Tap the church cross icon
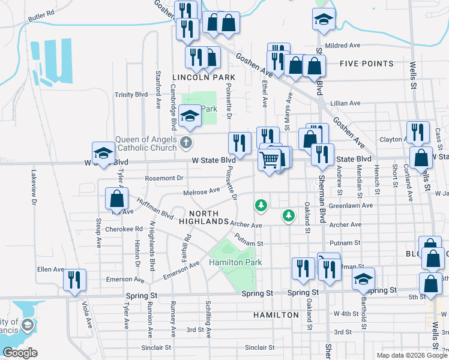[x=186, y=143]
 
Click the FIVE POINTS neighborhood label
[x=366, y=64]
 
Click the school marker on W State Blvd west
[x=103, y=154]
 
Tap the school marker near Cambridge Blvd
[x=190, y=116]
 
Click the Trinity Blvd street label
[x=131, y=95]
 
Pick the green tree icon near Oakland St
[x=289, y=215]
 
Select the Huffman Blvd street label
[x=155, y=209]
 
